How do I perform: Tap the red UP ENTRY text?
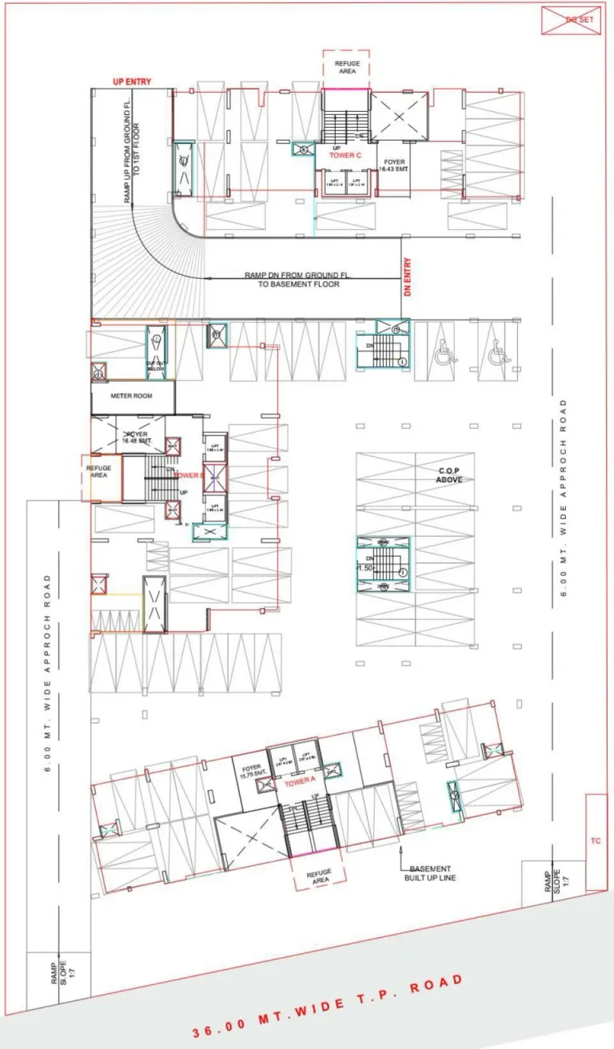131,81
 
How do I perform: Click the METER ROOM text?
132,396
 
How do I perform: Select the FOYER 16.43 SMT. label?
394,165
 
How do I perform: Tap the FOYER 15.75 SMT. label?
251,771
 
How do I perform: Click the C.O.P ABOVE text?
445,475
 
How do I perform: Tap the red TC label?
595,840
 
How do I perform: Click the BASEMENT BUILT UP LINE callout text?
429,872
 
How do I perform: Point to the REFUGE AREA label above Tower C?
347,67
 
